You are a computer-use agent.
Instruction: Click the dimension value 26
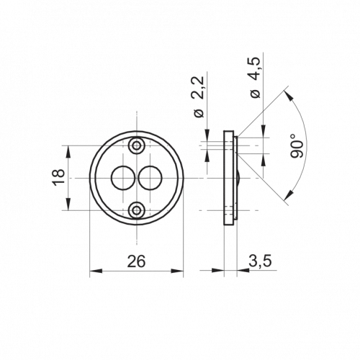tap(136, 261)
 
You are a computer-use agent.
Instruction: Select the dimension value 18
tap(59, 177)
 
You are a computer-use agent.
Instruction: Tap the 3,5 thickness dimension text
tap(260, 261)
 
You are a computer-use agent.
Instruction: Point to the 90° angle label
tap(297, 146)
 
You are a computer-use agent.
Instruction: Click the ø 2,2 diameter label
tap(199, 96)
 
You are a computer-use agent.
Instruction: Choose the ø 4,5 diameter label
tap(255, 77)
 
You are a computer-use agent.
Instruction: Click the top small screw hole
tap(137, 145)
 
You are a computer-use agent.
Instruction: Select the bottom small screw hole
tap(137, 210)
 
